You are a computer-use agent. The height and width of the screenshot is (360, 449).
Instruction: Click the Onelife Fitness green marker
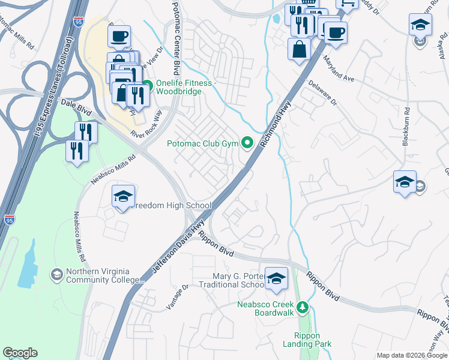tap(148, 83)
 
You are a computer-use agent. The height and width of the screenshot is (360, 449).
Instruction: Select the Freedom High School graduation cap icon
tap(123, 197)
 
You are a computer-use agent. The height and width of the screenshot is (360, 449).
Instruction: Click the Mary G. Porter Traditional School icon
tap(276, 278)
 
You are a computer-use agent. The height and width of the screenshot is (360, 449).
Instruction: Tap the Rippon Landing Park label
tap(307, 340)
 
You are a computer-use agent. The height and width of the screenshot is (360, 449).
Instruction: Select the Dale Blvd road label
tap(77, 107)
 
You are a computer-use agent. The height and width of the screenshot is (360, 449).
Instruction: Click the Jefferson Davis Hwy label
tap(178, 245)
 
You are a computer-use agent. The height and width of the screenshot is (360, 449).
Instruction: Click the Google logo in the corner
tap(20, 353)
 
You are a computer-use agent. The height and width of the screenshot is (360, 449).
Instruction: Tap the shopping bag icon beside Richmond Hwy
tap(299, 50)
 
